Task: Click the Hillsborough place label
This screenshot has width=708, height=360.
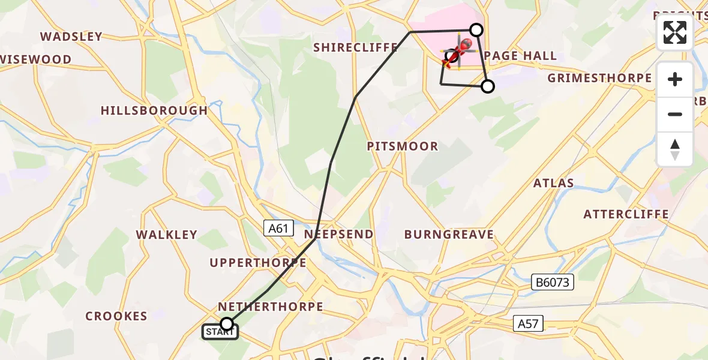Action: click(x=154, y=110)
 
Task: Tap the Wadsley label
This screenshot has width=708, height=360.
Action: click(x=71, y=37)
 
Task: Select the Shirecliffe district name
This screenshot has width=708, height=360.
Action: click(x=355, y=47)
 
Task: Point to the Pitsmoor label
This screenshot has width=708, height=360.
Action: click(x=403, y=146)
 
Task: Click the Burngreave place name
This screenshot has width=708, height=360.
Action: click(x=449, y=235)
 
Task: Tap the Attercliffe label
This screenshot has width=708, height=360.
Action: click(x=626, y=214)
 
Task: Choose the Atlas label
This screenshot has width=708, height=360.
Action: click(x=554, y=183)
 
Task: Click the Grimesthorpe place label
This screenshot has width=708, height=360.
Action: click(x=599, y=78)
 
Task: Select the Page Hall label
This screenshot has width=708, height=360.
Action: click(x=520, y=56)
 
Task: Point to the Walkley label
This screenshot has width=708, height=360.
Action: click(x=166, y=235)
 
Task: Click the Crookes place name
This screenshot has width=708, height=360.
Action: click(x=116, y=316)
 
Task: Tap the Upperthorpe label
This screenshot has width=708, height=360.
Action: click(x=258, y=263)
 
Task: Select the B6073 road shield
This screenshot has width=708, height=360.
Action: click(x=553, y=282)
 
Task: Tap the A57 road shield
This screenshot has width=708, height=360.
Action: click(x=528, y=324)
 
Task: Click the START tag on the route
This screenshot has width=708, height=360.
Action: click(x=221, y=331)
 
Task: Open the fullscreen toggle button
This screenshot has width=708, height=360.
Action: click(x=675, y=32)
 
